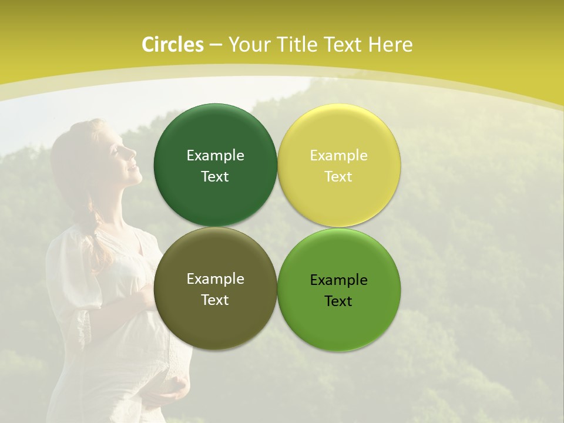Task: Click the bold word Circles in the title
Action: pos(173,45)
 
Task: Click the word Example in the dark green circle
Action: pos(215,156)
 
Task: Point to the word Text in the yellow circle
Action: pos(338,177)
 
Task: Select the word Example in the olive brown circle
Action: pos(215,279)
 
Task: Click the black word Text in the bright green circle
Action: pos(338,301)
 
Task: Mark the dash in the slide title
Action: pos(216,45)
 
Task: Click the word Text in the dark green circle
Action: pos(215,177)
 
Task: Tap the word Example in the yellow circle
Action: pos(338,156)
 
